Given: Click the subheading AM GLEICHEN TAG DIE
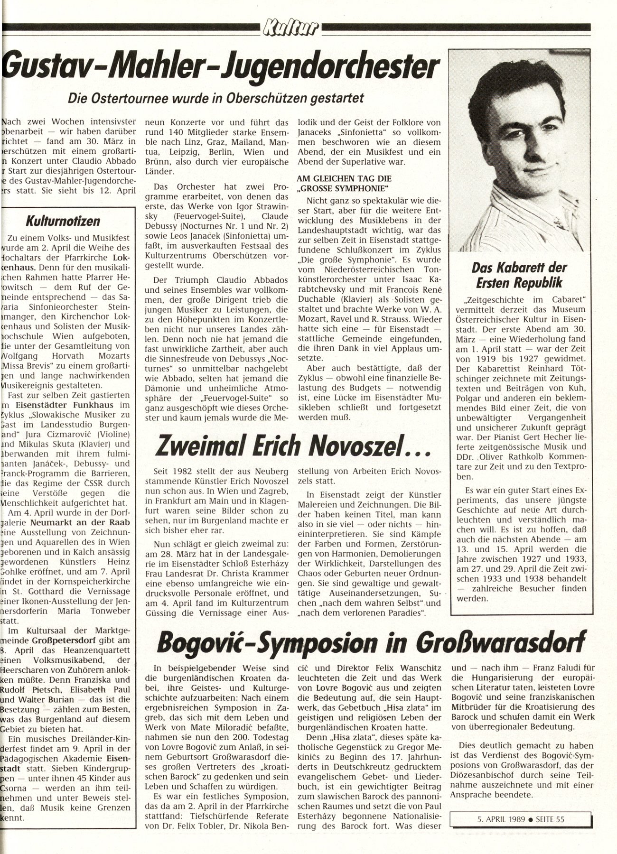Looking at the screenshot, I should point(344,179).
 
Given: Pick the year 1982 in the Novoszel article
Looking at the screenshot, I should point(185,473).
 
